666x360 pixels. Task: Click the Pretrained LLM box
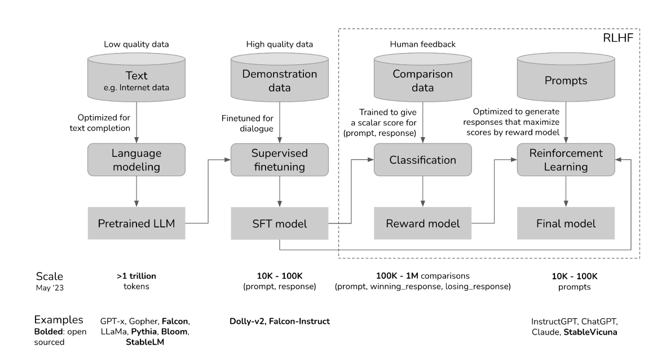136,223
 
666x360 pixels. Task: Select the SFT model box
280,223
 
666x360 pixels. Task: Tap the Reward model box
422,223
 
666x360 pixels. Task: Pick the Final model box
566,223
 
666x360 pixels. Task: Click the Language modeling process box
136,160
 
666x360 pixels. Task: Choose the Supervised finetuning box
280,160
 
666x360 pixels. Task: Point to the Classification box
422,160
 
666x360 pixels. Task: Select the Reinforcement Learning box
566,160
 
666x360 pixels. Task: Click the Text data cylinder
136,77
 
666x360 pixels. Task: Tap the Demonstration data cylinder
280,77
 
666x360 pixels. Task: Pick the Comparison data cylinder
422,77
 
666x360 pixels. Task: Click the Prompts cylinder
566,77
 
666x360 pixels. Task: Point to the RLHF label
618,38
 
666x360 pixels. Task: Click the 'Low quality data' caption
136,44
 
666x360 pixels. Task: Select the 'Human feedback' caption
422,44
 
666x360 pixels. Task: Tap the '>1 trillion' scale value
136,276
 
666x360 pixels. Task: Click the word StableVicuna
590,332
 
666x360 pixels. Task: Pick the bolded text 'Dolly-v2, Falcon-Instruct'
280,321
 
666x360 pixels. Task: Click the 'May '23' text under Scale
50,288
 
